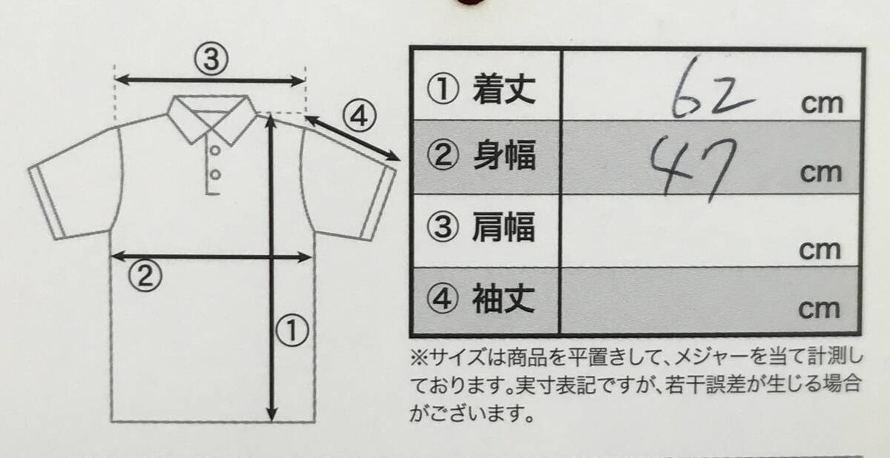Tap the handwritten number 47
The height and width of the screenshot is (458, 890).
[x=693, y=169]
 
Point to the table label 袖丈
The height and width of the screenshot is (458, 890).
[x=504, y=299]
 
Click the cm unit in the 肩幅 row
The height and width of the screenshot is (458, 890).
[x=820, y=250]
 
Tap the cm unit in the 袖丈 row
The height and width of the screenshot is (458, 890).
[x=820, y=310]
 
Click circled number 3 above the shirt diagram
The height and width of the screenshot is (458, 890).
[x=211, y=59]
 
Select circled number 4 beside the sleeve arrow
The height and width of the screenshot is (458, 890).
[x=359, y=116]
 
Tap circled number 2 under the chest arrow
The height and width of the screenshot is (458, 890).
[x=145, y=275]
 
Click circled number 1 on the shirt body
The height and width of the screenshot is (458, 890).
[x=292, y=331]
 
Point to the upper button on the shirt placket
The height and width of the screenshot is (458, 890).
[x=215, y=151]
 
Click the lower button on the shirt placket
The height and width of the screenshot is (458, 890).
[x=215, y=174]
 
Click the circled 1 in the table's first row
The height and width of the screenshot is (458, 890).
[x=443, y=90]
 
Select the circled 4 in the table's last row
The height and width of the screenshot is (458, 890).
[x=442, y=299]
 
